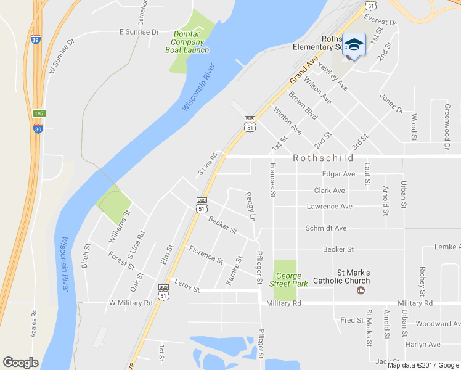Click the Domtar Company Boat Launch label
(x=187, y=42)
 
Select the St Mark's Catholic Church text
(x=361, y=276)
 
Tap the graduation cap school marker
(x=354, y=44)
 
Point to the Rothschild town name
(x=324, y=158)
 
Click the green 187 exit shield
(x=39, y=114)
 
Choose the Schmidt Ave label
(x=326, y=228)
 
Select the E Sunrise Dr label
(x=139, y=31)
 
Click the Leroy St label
(x=187, y=288)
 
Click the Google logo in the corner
(x=20, y=363)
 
